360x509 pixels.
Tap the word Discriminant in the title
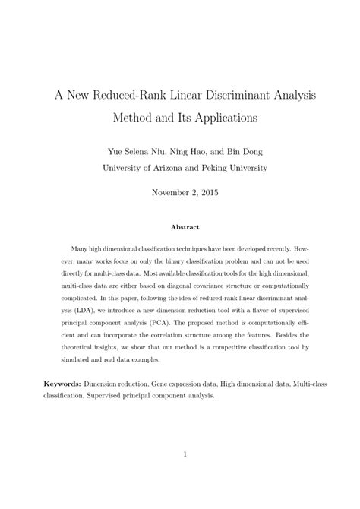(242, 97)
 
